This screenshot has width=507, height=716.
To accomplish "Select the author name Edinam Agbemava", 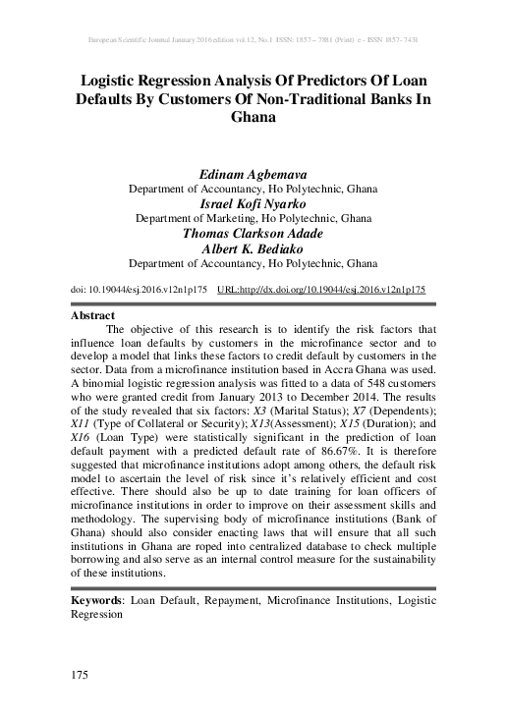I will [x=253, y=173].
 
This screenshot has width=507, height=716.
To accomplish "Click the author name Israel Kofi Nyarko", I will [x=253, y=202].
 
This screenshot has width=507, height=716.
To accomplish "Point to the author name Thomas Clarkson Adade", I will [x=253, y=234].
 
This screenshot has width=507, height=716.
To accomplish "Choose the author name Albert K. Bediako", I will [x=253, y=248].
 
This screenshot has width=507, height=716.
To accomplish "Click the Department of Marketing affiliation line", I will [x=253, y=218].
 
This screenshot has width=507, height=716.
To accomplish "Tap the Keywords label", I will [x=100, y=597].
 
